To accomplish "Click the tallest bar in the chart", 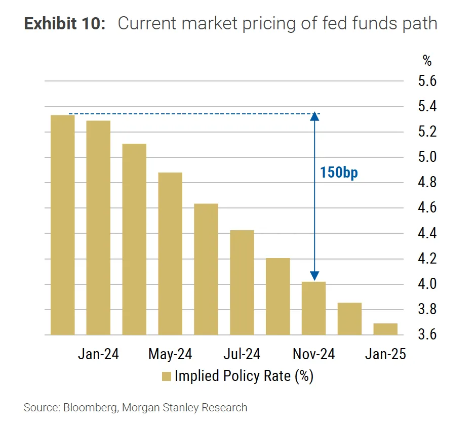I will (62, 225).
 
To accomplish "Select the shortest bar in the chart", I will (385, 329).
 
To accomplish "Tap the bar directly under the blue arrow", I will (313, 308).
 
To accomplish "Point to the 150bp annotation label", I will (339, 173).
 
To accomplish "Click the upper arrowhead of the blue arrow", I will (314, 116).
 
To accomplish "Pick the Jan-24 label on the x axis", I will (98, 354).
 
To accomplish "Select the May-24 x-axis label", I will (170, 354).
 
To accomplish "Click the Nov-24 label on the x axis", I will (313, 354).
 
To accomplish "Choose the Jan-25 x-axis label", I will (385, 354).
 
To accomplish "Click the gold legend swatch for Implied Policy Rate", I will (167, 376).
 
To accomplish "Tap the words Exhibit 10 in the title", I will (64, 24).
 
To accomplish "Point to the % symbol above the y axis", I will (427, 61).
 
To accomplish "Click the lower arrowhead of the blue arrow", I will (314, 276).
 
